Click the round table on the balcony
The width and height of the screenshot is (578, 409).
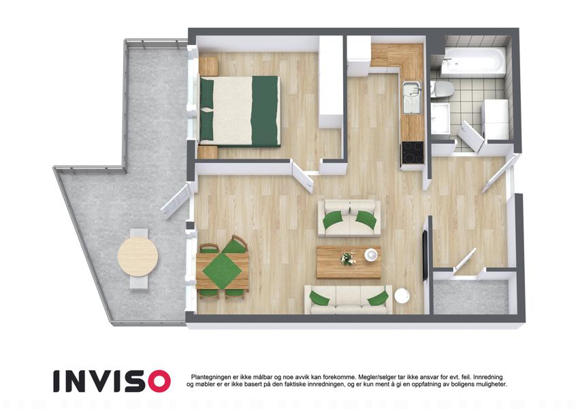[138, 256]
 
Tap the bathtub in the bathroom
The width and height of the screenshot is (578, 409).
[474, 61]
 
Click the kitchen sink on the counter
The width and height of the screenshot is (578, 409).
[412, 97]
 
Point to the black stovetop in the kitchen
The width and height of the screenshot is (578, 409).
[413, 152]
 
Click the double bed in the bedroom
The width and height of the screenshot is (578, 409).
[239, 110]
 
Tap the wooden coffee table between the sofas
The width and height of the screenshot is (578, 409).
[349, 262]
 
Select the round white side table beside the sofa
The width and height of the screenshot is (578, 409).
[402, 296]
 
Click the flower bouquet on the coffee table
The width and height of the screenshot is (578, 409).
[347, 258]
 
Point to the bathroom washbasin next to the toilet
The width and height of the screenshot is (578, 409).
[440, 118]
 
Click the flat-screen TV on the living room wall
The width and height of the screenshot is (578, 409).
[425, 255]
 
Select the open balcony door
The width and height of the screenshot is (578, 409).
[175, 202]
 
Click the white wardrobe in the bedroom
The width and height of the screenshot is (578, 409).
[331, 82]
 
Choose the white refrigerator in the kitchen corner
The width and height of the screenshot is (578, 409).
[359, 55]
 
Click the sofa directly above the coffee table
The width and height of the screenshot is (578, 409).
[349, 219]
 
